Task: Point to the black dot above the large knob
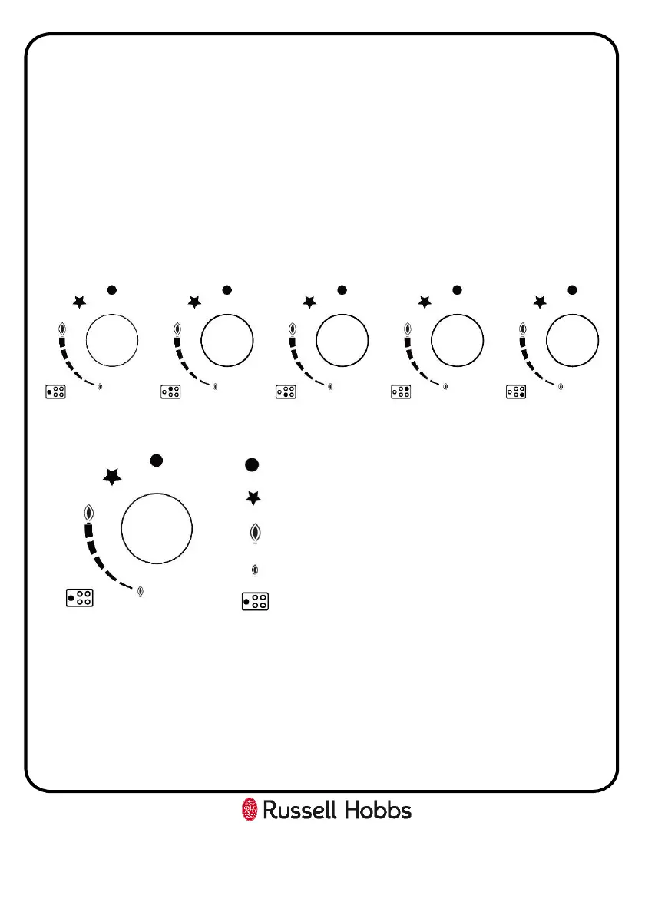pyautogui.click(x=157, y=461)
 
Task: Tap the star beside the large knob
pyautogui.click(x=113, y=477)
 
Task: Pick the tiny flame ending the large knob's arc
pyautogui.click(x=140, y=592)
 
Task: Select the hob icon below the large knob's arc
pyautogui.click(x=79, y=598)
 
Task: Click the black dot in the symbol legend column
pyautogui.click(x=251, y=464)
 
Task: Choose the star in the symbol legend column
pyautogui.click(x=253, y=498)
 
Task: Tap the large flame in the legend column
pyautogui.click(x=254, y=533)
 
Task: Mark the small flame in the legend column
pyautogui.click(x=255, y=570)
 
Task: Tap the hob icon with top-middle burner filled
pyautogui.click(x=170, y=392)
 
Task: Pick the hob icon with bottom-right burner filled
pyautogui.click(x=515, y=392)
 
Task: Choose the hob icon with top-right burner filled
pyautogui.click(x=400, y=392)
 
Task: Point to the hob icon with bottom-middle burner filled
pyautogui.click(x=285, y=392)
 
